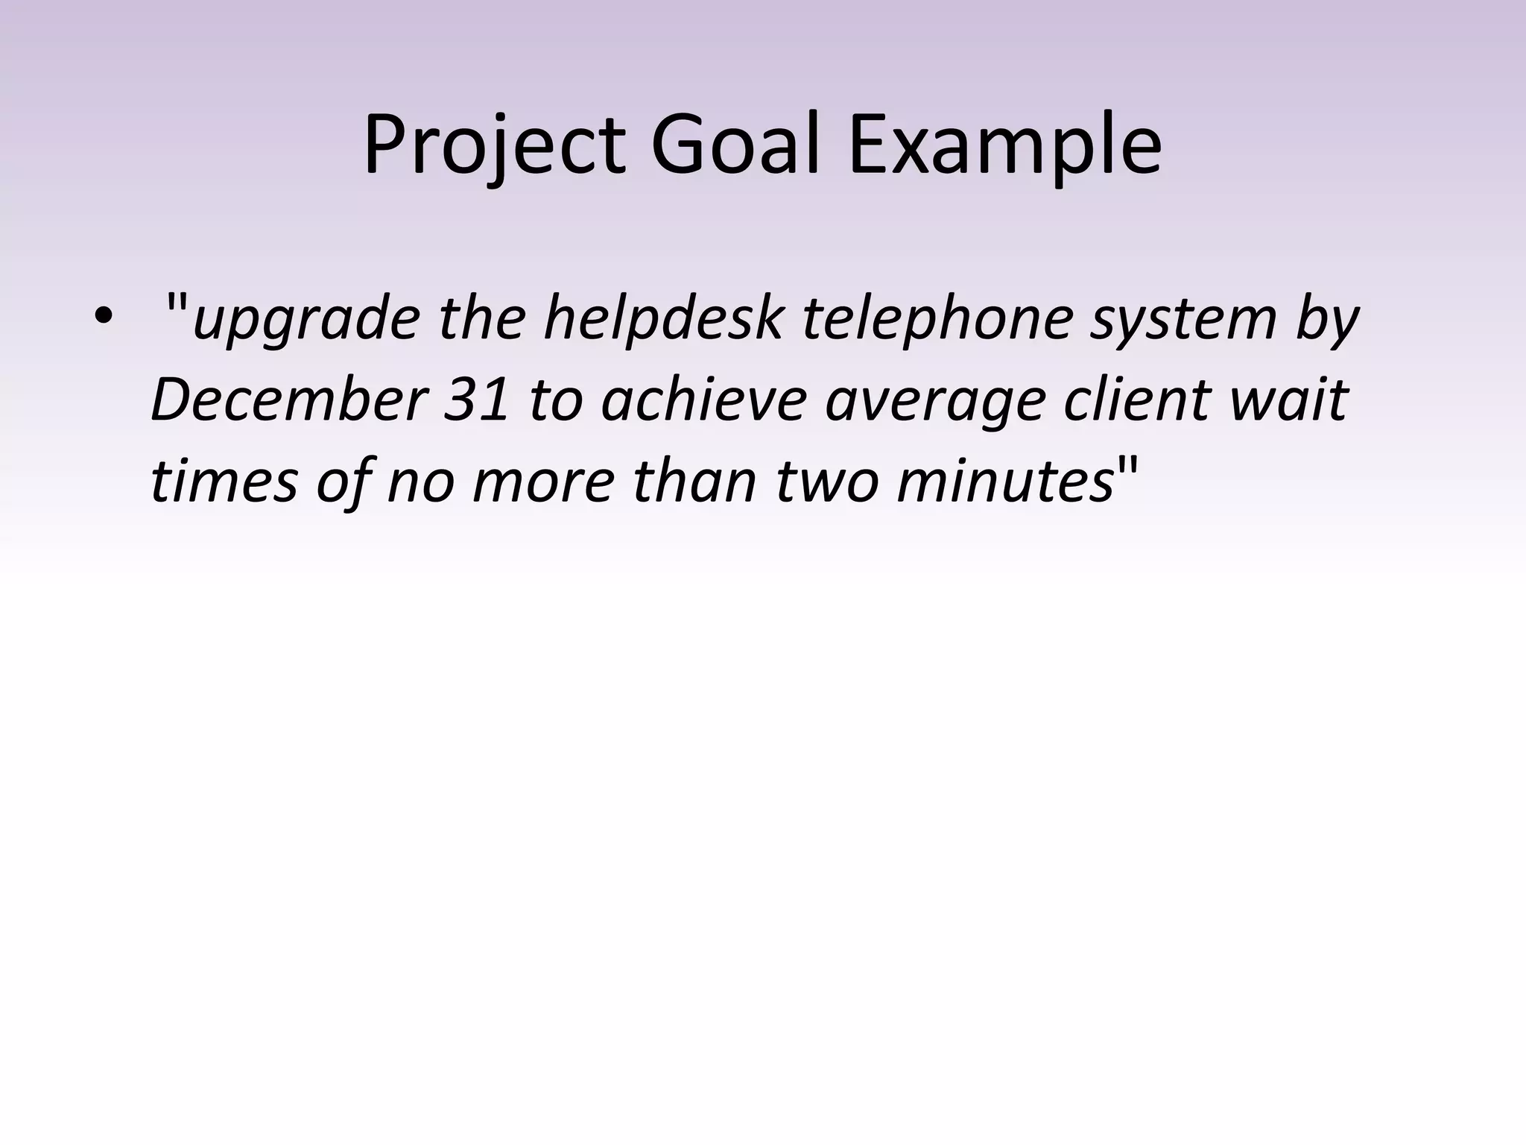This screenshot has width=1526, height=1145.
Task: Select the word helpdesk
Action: pos(663,319)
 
